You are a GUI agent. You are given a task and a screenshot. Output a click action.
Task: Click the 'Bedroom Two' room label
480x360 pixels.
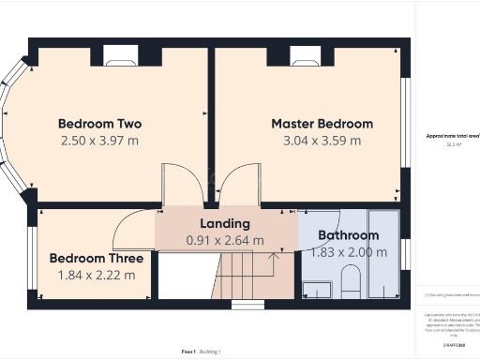click(x=99, y=124)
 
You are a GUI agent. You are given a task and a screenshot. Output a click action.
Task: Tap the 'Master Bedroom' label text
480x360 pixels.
click(x=322, y=124)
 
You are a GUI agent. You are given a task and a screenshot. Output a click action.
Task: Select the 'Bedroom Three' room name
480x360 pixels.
click(x=97, y=258)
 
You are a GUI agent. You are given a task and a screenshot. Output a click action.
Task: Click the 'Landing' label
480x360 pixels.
click(x=225, y=223)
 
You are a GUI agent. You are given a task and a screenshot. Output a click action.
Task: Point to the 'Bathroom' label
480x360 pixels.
click(x=348, y=235)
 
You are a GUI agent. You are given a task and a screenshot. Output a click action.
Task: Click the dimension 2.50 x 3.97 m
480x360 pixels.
click(x=99, y=141)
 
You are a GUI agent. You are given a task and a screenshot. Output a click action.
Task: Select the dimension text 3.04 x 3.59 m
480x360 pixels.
click(x=322, y=141)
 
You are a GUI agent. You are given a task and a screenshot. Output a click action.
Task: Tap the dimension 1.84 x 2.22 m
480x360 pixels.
click(x=97, y=275)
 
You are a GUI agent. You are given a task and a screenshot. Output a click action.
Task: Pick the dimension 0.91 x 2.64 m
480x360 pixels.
click(x=225, y=240)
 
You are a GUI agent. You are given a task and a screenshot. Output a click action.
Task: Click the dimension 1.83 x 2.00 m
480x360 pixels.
click(x=348, y=252)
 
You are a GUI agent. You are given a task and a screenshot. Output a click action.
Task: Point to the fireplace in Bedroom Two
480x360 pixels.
click(x=120, y=58)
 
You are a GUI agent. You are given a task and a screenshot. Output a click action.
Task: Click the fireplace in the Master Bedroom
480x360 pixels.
click(x=307, y=58)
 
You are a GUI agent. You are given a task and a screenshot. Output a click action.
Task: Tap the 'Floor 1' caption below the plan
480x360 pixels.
click(x=188, y=352)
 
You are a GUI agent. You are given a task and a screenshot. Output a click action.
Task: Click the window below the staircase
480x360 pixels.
click(x=247, y=305)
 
